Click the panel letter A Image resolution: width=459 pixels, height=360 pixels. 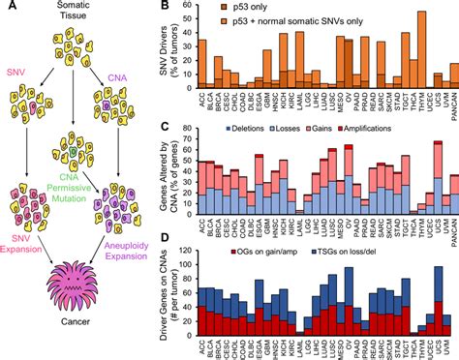pos(8,8)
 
